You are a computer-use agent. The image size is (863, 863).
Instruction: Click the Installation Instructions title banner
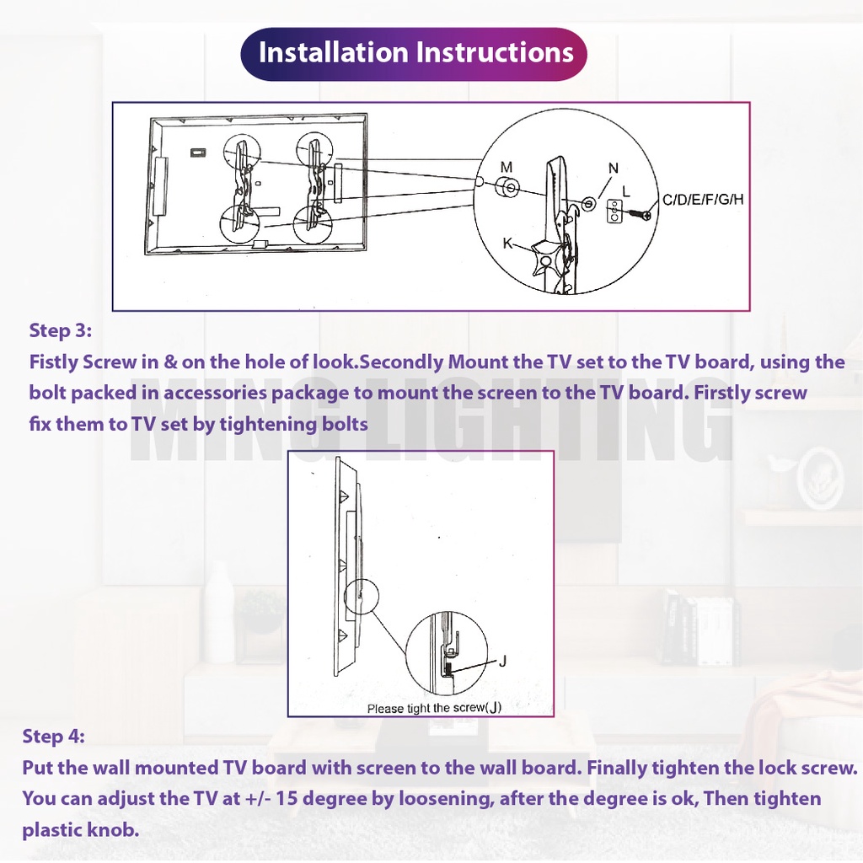pos(414,54)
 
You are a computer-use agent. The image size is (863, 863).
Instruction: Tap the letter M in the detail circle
pos(507,167)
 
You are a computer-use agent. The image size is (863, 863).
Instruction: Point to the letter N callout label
pos(614,168)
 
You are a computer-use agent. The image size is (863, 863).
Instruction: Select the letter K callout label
pos(508,242)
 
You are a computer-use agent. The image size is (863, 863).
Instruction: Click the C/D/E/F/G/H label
pos(703,199)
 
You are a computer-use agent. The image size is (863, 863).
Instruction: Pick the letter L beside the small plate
pos(626,191)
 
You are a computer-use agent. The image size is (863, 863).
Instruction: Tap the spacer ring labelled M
pos(507,188)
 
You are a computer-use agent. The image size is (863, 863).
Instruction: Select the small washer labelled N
pos(587,204)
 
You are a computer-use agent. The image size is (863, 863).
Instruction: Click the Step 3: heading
pos(60,330)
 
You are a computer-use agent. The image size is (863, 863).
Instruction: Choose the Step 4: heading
pos(53,736)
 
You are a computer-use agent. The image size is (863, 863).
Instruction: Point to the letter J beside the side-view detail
pos(502,661)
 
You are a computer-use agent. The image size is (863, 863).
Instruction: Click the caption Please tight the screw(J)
pos(434,708)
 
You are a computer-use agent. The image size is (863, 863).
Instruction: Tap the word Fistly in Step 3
pos(53,362)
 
